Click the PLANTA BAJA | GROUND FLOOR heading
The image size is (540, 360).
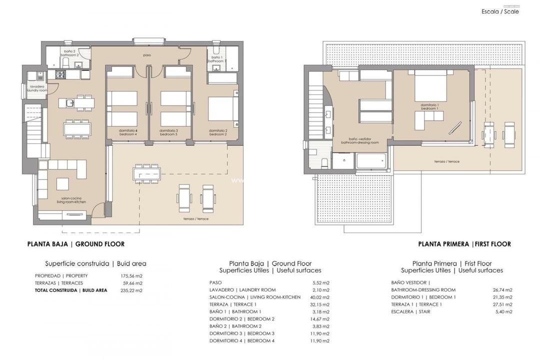pos(75,244)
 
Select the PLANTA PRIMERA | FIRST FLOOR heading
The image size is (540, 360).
pos(464,244)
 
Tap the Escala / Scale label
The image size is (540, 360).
pos(500,11)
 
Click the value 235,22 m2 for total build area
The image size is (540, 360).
pos(132,290)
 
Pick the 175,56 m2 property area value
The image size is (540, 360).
pos(132,275)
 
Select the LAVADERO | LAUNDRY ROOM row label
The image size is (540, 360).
pos(242,290)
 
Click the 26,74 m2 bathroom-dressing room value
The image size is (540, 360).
pos(502,290)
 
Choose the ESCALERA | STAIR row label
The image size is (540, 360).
pos(410,311)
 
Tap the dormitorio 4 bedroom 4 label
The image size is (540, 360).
pos(128,132)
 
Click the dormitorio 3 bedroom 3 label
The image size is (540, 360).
pos(168,132)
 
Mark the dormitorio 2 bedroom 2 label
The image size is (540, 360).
pos(218,132)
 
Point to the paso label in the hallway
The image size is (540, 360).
pos(147,55)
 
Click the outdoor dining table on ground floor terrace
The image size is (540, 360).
pos(146,173)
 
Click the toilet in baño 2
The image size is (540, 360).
pos(65,62)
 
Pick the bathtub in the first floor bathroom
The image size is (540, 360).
pos(371,161)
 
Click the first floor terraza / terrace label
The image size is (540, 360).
pos(446,161)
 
